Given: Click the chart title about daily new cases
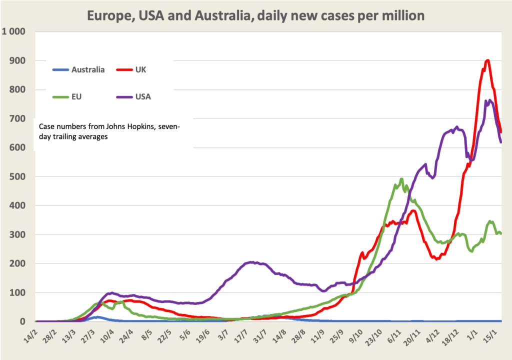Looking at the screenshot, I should tap(255, 16).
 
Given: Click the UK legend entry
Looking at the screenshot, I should tap(140, 69).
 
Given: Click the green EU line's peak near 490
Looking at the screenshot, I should tap(401, 179).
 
